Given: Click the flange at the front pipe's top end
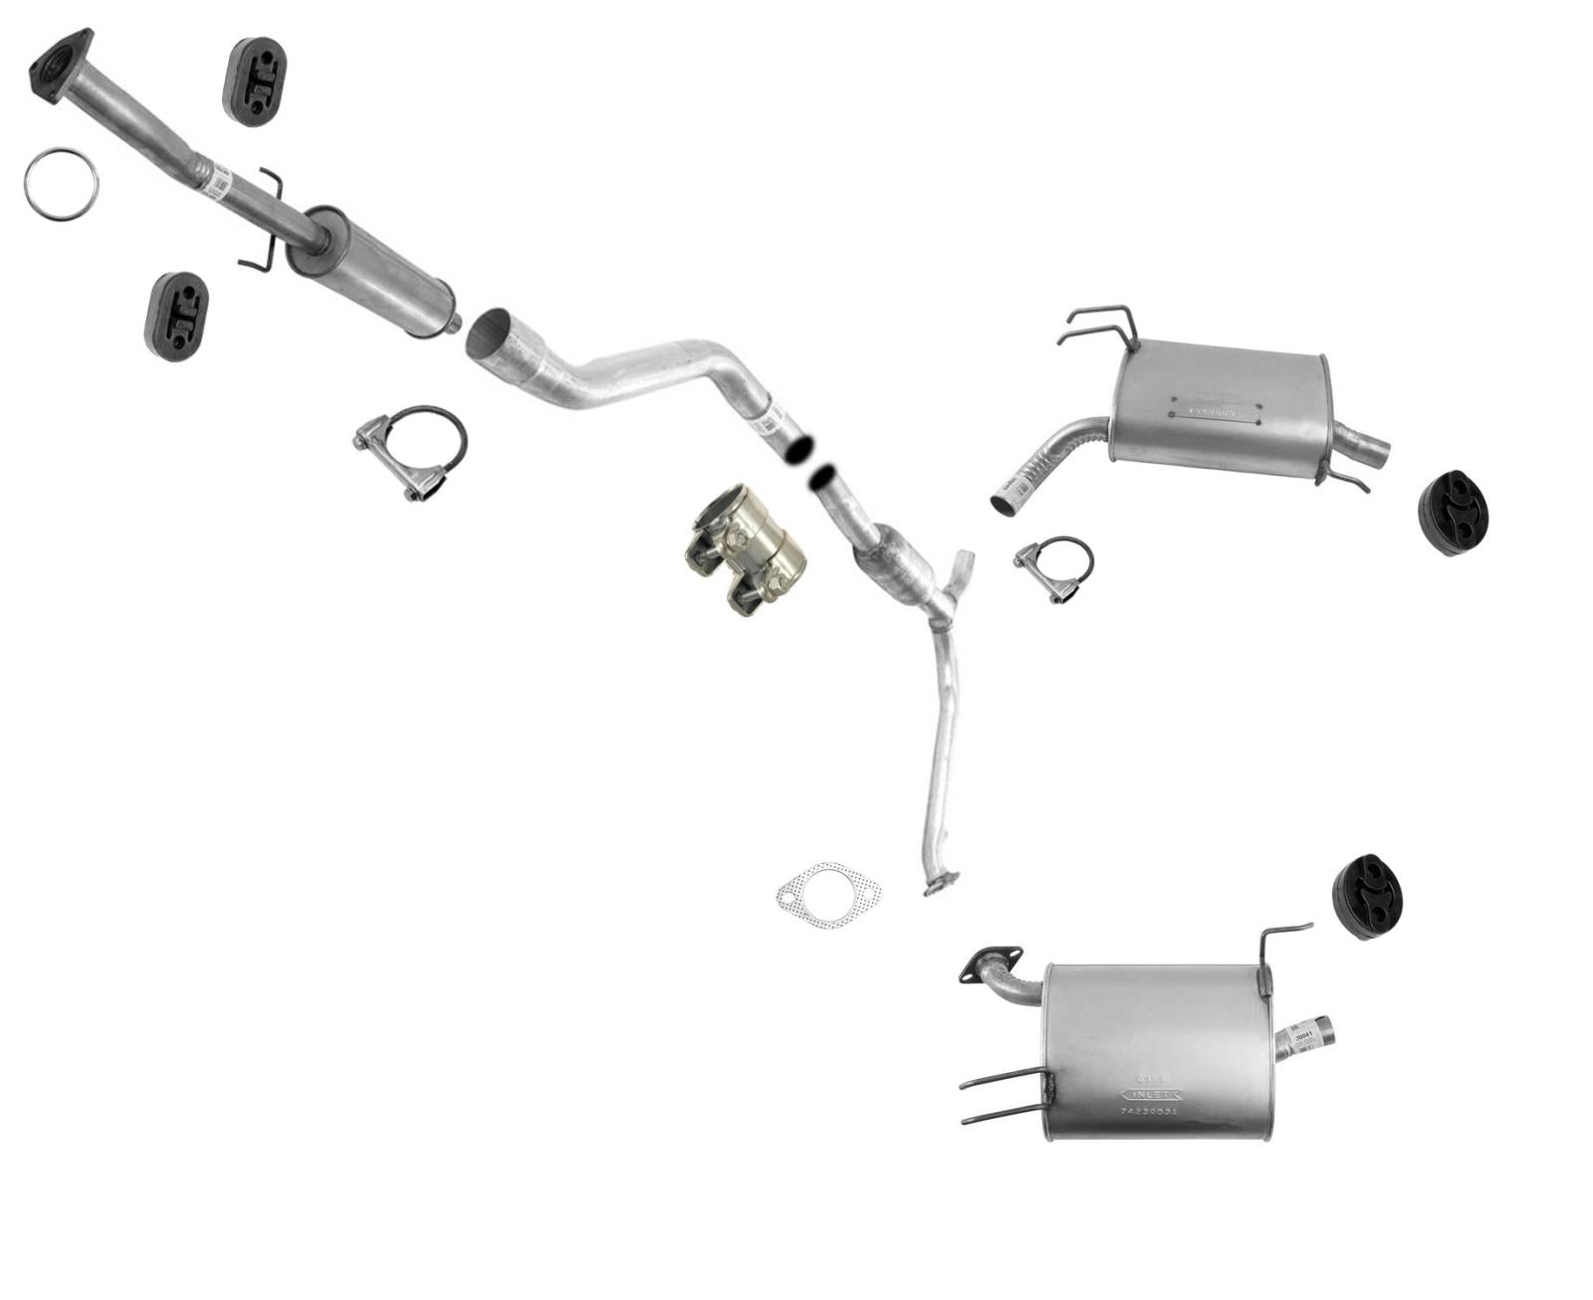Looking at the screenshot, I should coord(60,64).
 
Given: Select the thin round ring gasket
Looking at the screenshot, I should coord(62,183).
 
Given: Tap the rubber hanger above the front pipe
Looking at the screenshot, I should coord(254,82).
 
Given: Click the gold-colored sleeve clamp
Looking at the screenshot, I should coord(745,550).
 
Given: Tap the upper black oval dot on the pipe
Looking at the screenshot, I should coord(799,449).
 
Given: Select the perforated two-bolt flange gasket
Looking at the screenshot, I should coord(828,895).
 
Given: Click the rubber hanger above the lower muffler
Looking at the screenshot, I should coord(1367,895).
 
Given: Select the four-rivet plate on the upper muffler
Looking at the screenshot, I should coord(1216,412).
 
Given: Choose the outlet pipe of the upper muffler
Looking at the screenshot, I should coord(1364,449).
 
